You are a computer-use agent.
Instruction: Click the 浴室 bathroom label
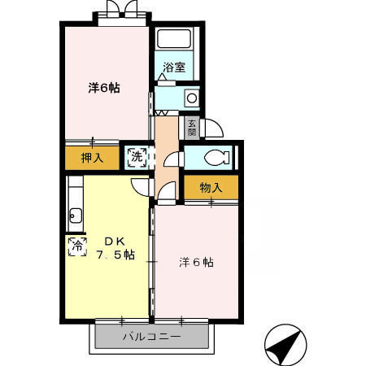173,68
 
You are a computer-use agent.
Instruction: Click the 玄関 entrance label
192,128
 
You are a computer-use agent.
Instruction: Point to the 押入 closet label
92,158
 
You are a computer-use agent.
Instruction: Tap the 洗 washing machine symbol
137,156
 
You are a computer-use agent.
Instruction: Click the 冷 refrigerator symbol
78,245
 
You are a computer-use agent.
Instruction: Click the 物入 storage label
211,188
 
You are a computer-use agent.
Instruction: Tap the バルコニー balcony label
152,335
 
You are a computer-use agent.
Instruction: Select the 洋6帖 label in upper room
104,88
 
